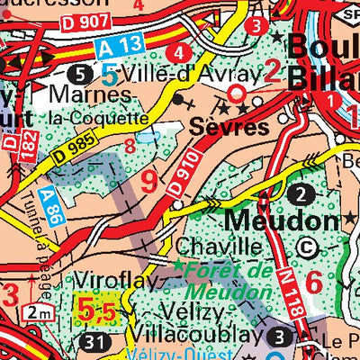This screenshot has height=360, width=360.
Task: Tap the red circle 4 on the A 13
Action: click(x=184, y=51)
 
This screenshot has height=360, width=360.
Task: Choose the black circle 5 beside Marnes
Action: click(x=83, y=71)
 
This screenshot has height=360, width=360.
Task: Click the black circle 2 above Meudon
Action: click(x=303, y=193)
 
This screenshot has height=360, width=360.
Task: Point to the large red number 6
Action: click(x=313, y=281)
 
